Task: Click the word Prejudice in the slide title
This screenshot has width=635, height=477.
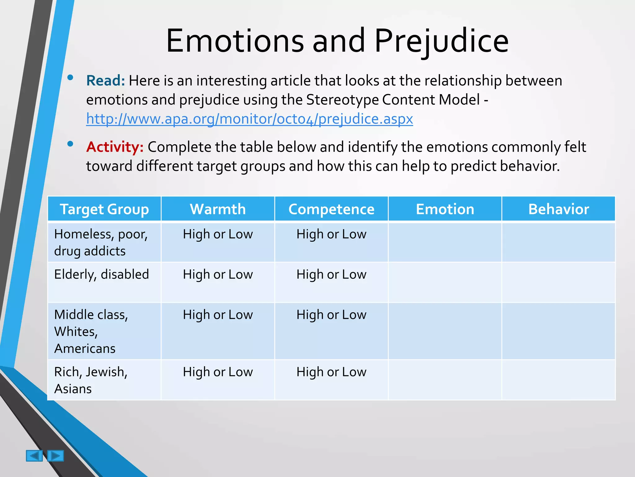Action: (442, 41)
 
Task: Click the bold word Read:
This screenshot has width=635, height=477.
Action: (105, 81)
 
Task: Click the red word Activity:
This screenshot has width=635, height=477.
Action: (115, 147)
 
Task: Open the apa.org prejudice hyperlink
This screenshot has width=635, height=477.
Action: (249, 119)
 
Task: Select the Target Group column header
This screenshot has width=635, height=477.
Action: (104, 209)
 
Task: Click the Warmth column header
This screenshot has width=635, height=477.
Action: (218, 209)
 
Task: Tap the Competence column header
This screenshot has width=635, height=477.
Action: (331, 209)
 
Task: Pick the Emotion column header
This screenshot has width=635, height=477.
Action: (445, 209)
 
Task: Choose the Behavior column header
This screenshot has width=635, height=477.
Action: (558, 209)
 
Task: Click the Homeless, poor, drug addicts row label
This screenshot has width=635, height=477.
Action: (101, 243)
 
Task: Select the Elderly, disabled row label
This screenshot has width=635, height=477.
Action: (101, 275)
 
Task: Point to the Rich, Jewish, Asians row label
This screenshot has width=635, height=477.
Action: (91, 380)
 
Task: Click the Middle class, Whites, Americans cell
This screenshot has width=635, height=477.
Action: (91, 331)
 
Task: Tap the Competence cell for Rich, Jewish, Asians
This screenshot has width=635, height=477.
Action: (331, 372)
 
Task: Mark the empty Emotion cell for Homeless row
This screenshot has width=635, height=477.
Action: (445, 243)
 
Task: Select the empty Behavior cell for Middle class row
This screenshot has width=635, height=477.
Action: (558, 331)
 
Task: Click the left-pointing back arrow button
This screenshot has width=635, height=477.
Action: (34, 456)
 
